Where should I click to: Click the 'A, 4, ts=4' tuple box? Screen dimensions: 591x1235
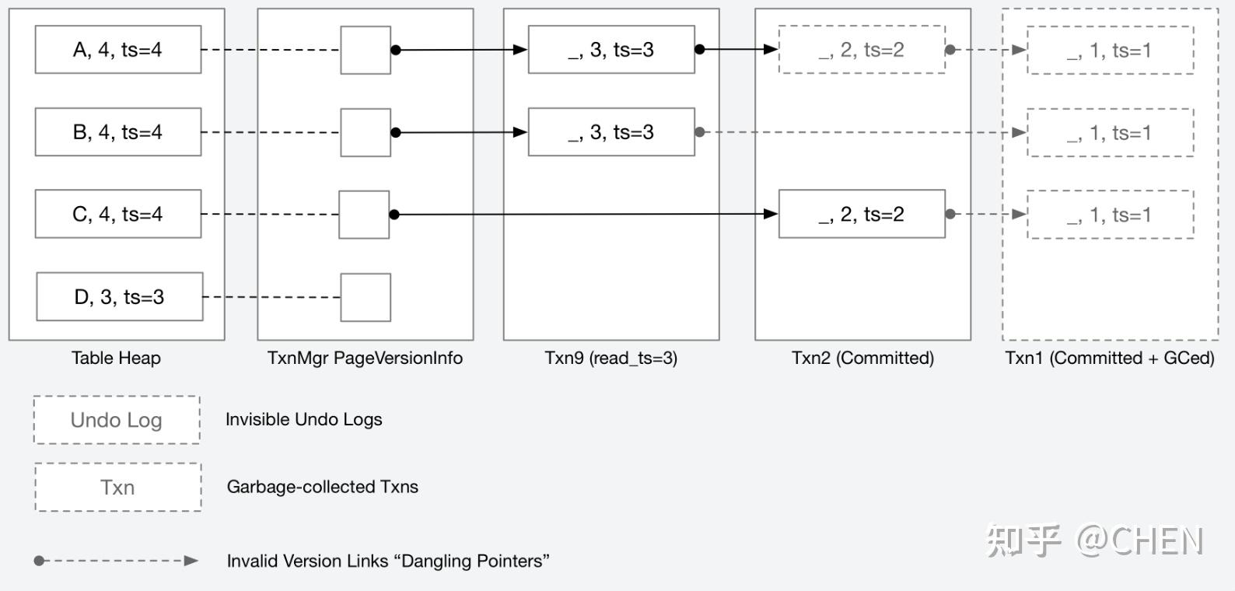117,50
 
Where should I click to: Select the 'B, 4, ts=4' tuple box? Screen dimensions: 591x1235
117,132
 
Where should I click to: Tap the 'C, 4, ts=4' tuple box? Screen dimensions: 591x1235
117,214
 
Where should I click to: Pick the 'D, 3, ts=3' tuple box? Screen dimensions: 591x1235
119,296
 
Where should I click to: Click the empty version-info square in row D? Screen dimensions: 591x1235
366,297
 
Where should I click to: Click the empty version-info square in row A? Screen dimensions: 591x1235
366,51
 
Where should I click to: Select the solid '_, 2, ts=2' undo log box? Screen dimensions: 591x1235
862,214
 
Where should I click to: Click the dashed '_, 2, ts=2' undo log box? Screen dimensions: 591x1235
862,50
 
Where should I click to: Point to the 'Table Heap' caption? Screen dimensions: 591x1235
116,358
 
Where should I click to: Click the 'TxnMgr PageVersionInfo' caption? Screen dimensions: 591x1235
365,358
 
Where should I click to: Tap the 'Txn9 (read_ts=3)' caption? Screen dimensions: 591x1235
611,358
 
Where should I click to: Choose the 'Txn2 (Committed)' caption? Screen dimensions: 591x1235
862,358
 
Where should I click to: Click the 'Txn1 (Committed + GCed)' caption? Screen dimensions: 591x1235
1109,358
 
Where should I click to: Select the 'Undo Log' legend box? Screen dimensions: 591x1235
117,420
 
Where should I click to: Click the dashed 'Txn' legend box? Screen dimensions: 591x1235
117,488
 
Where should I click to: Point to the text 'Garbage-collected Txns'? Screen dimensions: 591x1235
322,487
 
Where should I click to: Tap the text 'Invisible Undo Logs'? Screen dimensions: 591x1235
303,419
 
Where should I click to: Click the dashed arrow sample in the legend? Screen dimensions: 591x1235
117,561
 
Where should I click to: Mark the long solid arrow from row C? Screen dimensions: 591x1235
583,214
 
